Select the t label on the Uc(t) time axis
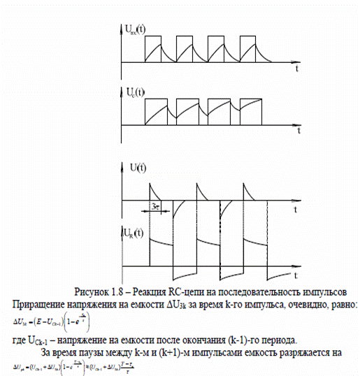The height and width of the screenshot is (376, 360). pos(298,132)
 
